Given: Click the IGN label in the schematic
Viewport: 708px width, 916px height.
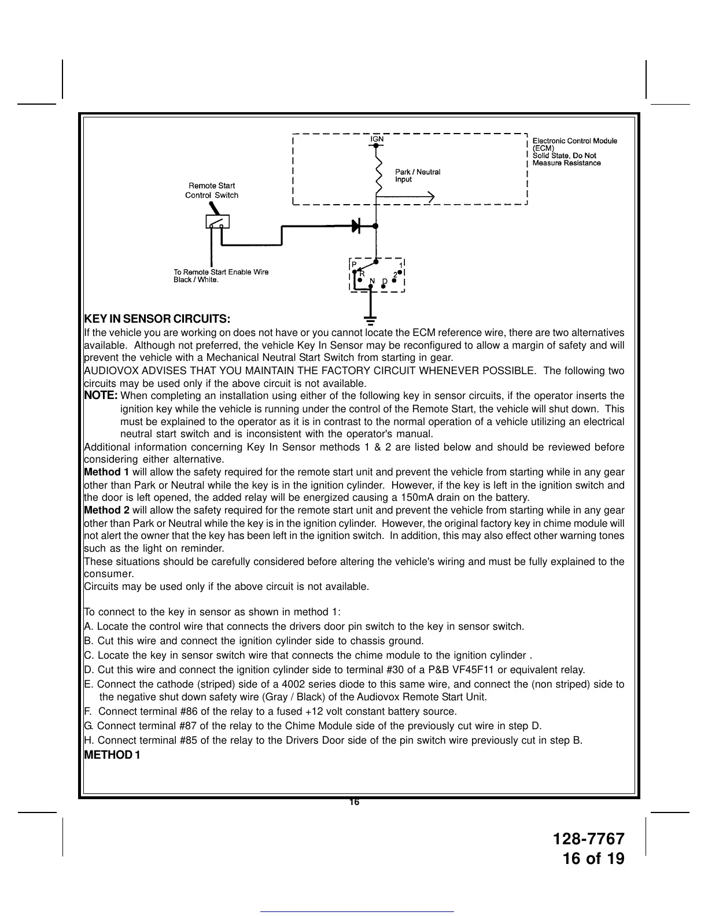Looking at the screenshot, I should (x=377, y=139).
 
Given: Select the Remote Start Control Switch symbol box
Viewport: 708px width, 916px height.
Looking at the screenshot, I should (x=217, y=222).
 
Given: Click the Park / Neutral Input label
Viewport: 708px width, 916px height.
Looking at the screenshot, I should (x=417, y=175).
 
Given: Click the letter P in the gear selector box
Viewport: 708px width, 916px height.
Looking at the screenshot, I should (x=355, y=264).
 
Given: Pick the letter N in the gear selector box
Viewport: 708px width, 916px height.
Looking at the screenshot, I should (x=373, y=281).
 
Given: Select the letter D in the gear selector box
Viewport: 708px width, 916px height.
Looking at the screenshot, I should (x=385, y=281).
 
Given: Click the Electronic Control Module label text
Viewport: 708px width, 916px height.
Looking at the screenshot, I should (x=574, y=141).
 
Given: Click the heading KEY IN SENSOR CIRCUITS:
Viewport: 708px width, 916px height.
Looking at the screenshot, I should (x=157, y=319).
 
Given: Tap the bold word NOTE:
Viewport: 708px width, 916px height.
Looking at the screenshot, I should (x=101, y=396).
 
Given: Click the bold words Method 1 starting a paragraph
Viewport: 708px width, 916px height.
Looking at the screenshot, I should (x=107, y=472).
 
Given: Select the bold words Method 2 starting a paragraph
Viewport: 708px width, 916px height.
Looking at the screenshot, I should (x=107, y=510).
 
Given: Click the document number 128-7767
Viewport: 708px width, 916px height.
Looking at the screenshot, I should (x=589, y=839).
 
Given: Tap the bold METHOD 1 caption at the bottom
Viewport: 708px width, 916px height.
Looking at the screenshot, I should (x=112, y=755).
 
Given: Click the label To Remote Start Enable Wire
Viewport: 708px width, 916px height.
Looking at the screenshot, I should (x=221, y=272).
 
